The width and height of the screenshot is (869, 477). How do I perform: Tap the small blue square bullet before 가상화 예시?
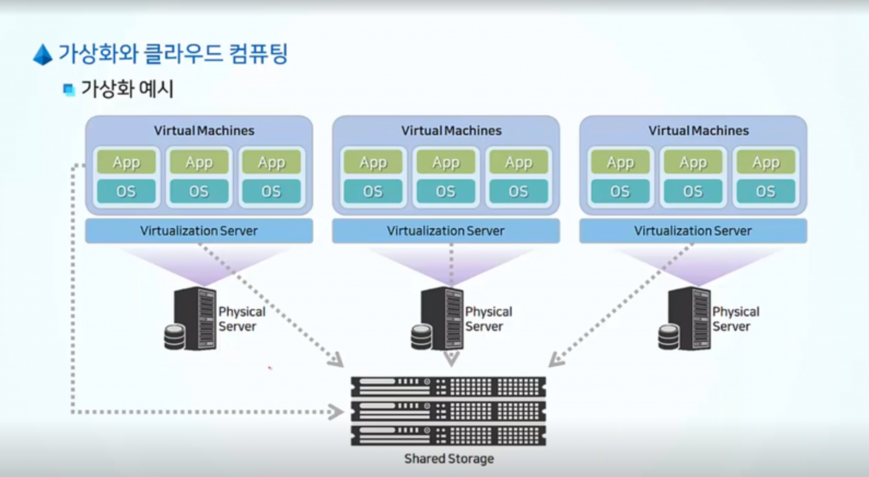(68, 89)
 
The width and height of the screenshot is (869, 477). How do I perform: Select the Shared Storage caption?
(448, 458)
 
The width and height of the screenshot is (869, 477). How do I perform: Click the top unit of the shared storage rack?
(448, 386)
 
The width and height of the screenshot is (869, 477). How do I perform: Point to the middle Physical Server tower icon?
(442, 318)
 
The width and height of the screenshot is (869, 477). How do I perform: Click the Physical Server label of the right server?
(736, 319)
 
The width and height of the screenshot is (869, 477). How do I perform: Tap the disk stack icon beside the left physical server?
(174, 336)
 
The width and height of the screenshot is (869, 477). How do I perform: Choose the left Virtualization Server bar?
(199, 231)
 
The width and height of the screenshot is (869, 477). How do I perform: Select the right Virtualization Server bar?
(693, 231)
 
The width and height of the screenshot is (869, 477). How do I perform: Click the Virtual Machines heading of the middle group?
(451, 131)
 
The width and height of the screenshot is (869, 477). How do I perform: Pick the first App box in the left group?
(126, 162)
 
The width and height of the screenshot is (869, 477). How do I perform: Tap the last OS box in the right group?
(765, 191)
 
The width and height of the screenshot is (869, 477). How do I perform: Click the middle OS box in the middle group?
(445, 191)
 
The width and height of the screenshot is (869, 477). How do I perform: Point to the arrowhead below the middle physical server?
(451, 358)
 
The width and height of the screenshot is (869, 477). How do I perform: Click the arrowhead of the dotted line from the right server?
(555, 360)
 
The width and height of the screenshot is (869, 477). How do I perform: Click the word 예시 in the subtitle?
(156, 89)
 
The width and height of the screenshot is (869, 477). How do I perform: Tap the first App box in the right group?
(620, 162)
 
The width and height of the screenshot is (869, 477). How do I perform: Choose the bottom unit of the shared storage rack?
(448, 435)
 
